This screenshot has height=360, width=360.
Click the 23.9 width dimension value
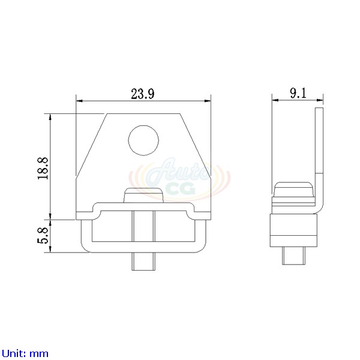tap(143, 94)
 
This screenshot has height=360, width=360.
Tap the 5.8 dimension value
tap(42, 236)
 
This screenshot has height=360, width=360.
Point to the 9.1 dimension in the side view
tap(298, 93)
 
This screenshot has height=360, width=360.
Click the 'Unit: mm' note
tap(25, 353)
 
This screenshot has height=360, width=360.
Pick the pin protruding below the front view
tap(143, 262)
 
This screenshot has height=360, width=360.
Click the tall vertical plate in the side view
tap(319, 156)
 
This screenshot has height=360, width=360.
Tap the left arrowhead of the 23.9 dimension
tap(79, 101)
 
